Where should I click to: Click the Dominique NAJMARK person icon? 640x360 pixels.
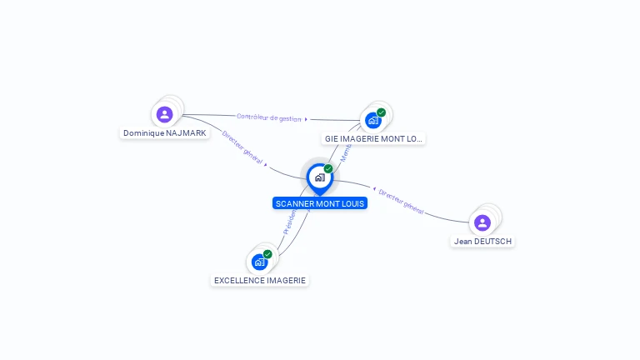[164, 114]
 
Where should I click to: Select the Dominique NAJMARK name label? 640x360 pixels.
[165, 133]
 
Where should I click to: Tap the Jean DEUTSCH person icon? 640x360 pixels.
[482, 222]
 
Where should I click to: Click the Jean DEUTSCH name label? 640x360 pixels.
[482, 242]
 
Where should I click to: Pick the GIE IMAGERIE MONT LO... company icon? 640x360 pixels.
[373, 120]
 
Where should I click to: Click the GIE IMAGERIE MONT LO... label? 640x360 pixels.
[374, 139]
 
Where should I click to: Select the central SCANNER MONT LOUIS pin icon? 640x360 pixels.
[319, 177]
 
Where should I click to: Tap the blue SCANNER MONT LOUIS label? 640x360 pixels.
[319, 203]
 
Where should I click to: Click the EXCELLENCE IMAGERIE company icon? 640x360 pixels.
[260, 262]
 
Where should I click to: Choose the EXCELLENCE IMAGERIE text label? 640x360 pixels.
[260, 281]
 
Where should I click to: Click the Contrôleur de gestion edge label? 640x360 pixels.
[268, 117]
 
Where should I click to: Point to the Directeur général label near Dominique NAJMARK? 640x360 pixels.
[242, 148]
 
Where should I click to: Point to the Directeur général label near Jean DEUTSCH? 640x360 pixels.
[401, 202]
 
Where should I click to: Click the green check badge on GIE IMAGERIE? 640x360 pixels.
[381, 112]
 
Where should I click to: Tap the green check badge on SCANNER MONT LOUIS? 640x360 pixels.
[328, 169]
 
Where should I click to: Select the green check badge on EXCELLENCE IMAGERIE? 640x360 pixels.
[267, 254]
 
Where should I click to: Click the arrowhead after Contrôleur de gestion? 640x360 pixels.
[306, 119]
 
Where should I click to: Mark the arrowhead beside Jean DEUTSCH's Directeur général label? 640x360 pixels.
[373, 188]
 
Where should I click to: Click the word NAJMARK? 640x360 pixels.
[186, 133]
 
